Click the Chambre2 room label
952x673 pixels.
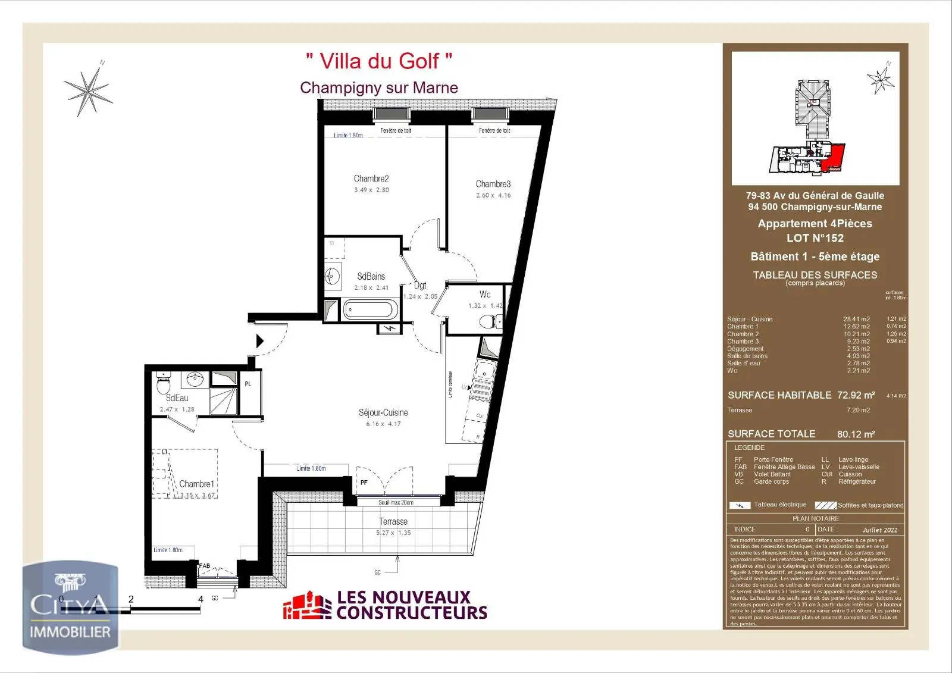point(371,179)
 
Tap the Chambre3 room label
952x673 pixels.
point(493,184)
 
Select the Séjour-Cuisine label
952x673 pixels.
point(383,412)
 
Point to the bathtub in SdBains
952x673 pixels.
point(369,310)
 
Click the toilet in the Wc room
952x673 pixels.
point(488,322)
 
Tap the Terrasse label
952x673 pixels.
point(393,521)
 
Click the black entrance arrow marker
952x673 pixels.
point(259,341)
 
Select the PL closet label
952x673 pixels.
point(248,384)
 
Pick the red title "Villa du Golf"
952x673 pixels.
point(379,61)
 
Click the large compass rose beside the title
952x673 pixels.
point(89,90)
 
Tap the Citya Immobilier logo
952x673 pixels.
point(70,607)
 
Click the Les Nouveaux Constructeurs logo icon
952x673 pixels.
point(307,606)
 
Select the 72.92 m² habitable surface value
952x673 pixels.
point(856,395)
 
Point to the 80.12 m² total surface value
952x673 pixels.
point(856,434)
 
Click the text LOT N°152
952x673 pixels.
point(815,238)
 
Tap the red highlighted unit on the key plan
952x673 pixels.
point(834,158)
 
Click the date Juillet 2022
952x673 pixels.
point(879,530)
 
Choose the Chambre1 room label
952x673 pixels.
point(196,484)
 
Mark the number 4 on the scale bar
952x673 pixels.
point(201,599)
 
